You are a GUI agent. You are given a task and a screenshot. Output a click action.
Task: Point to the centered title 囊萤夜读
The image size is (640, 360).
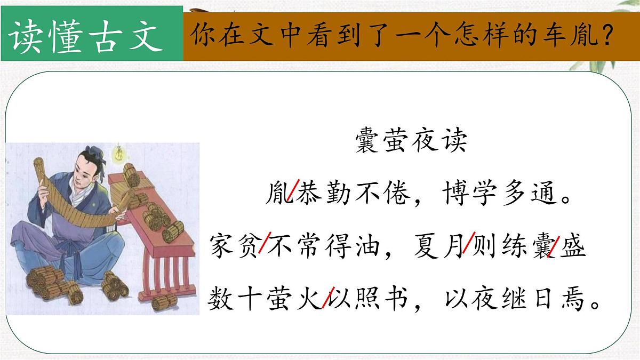pos(411,142)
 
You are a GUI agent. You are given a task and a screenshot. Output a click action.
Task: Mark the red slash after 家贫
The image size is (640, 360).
pos(263,246)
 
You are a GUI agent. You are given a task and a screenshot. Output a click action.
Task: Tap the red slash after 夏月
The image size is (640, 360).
pos(468,246)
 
